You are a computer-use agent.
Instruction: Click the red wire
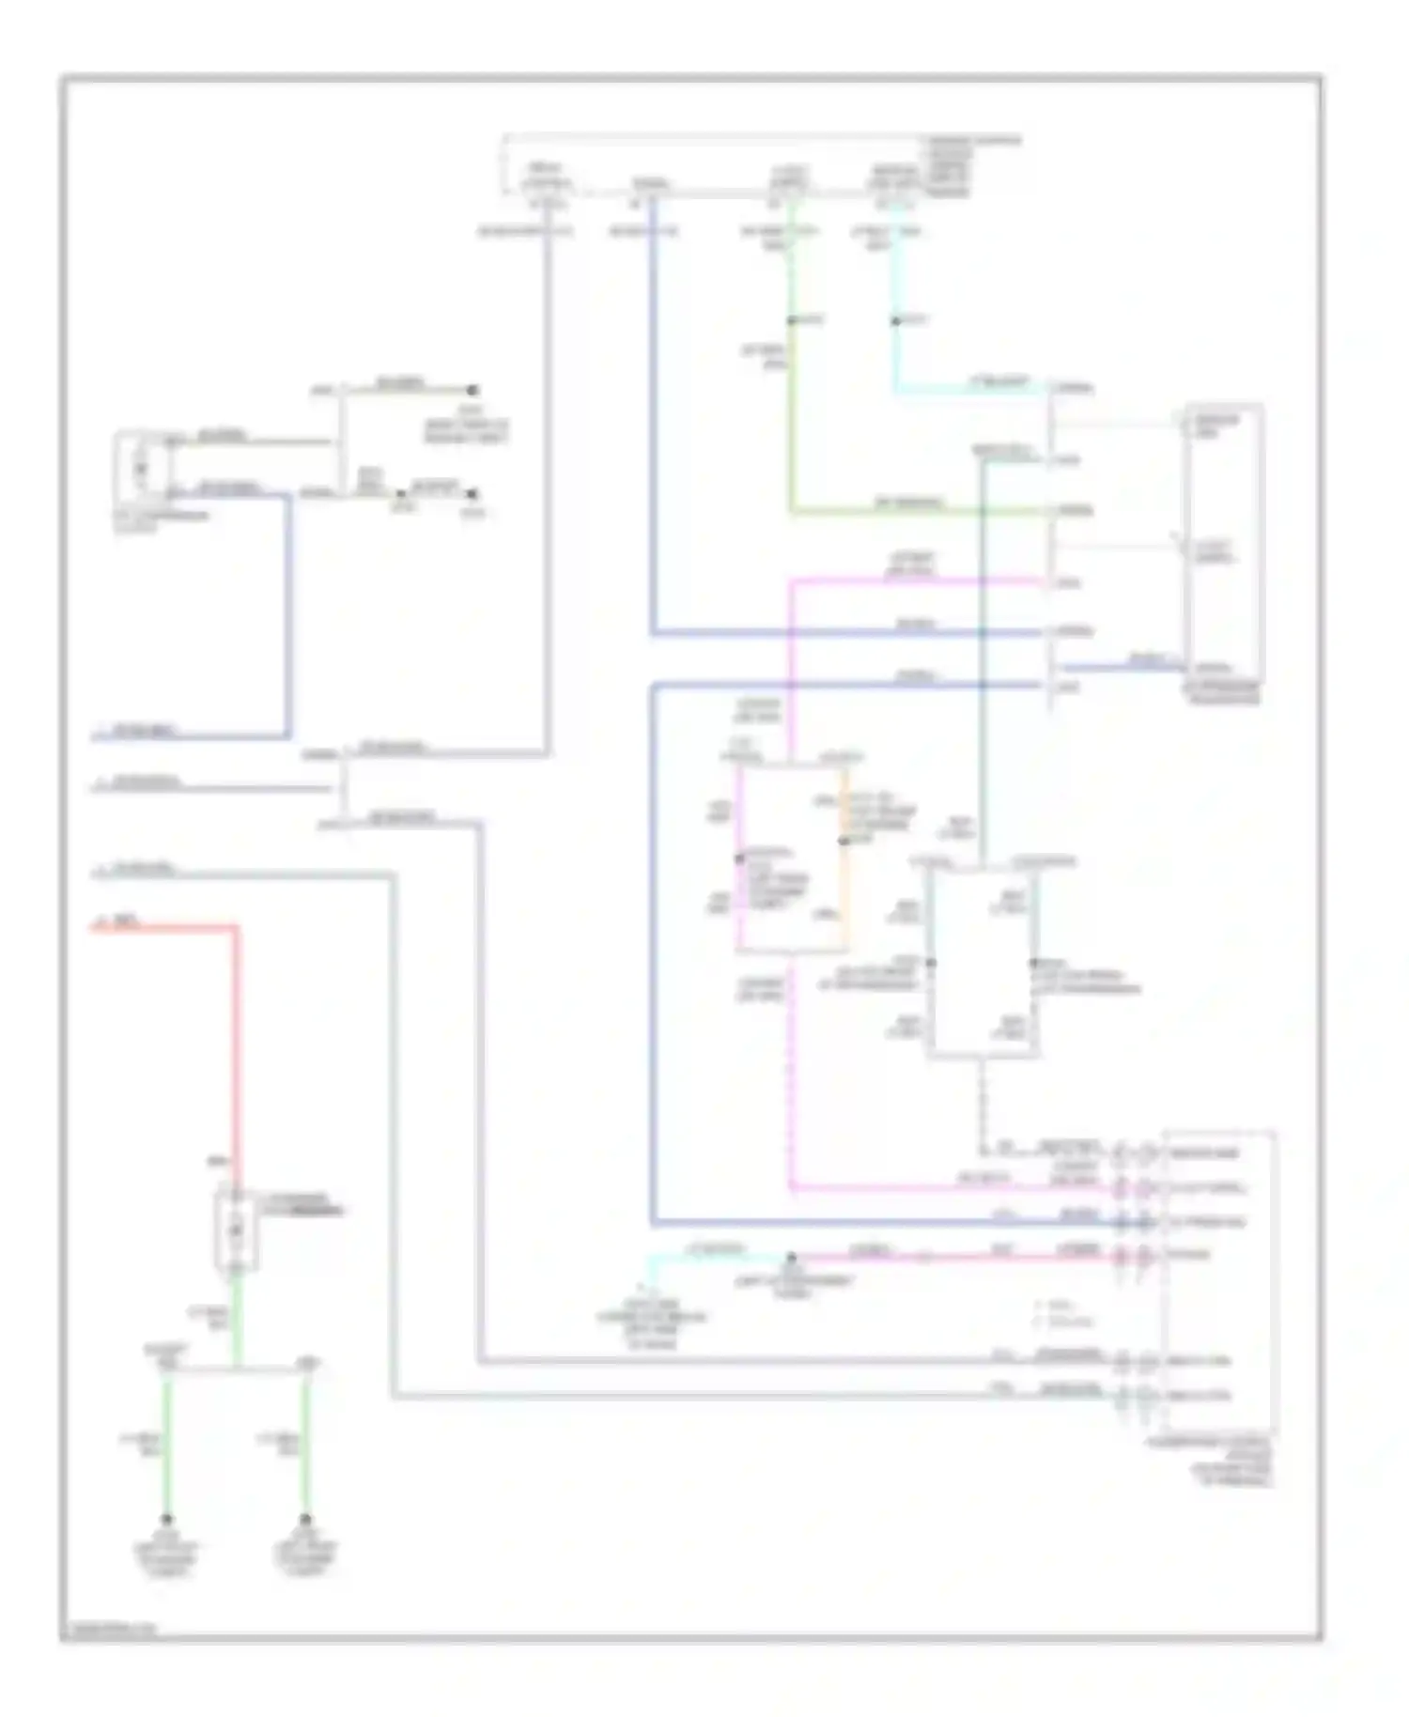pos(236,1033)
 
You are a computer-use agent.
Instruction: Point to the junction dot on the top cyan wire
pos(895,321)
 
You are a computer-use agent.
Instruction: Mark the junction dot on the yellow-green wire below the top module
pos(791,321)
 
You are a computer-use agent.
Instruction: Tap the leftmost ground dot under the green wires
pos(167,1519)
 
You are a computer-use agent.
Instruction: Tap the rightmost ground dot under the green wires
pos(305,1519)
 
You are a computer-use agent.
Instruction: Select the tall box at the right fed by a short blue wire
pos(1225,545)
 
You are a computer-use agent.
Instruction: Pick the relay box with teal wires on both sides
pos(982,963)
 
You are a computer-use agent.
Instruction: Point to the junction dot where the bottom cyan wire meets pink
pos(791,1256)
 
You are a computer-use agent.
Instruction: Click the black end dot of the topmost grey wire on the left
pos(474,389)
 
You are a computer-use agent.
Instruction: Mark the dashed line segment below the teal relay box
pos(982,1104)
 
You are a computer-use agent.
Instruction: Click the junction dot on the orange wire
pos(844,842)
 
